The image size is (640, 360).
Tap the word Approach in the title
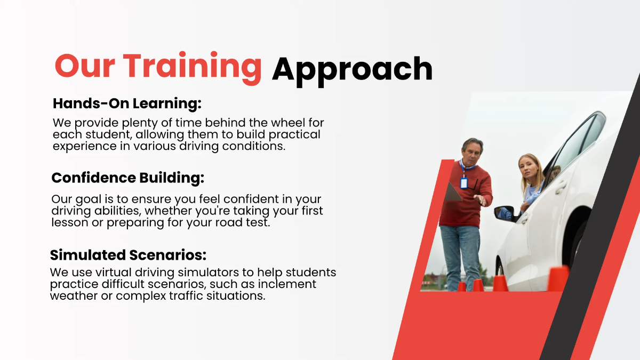coord(352,69)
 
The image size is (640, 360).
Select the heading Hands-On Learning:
coord(127,103)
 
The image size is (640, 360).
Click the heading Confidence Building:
coord(127,178)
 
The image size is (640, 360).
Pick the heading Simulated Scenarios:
coord(128,254)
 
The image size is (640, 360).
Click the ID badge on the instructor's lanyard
coord(463,183)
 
